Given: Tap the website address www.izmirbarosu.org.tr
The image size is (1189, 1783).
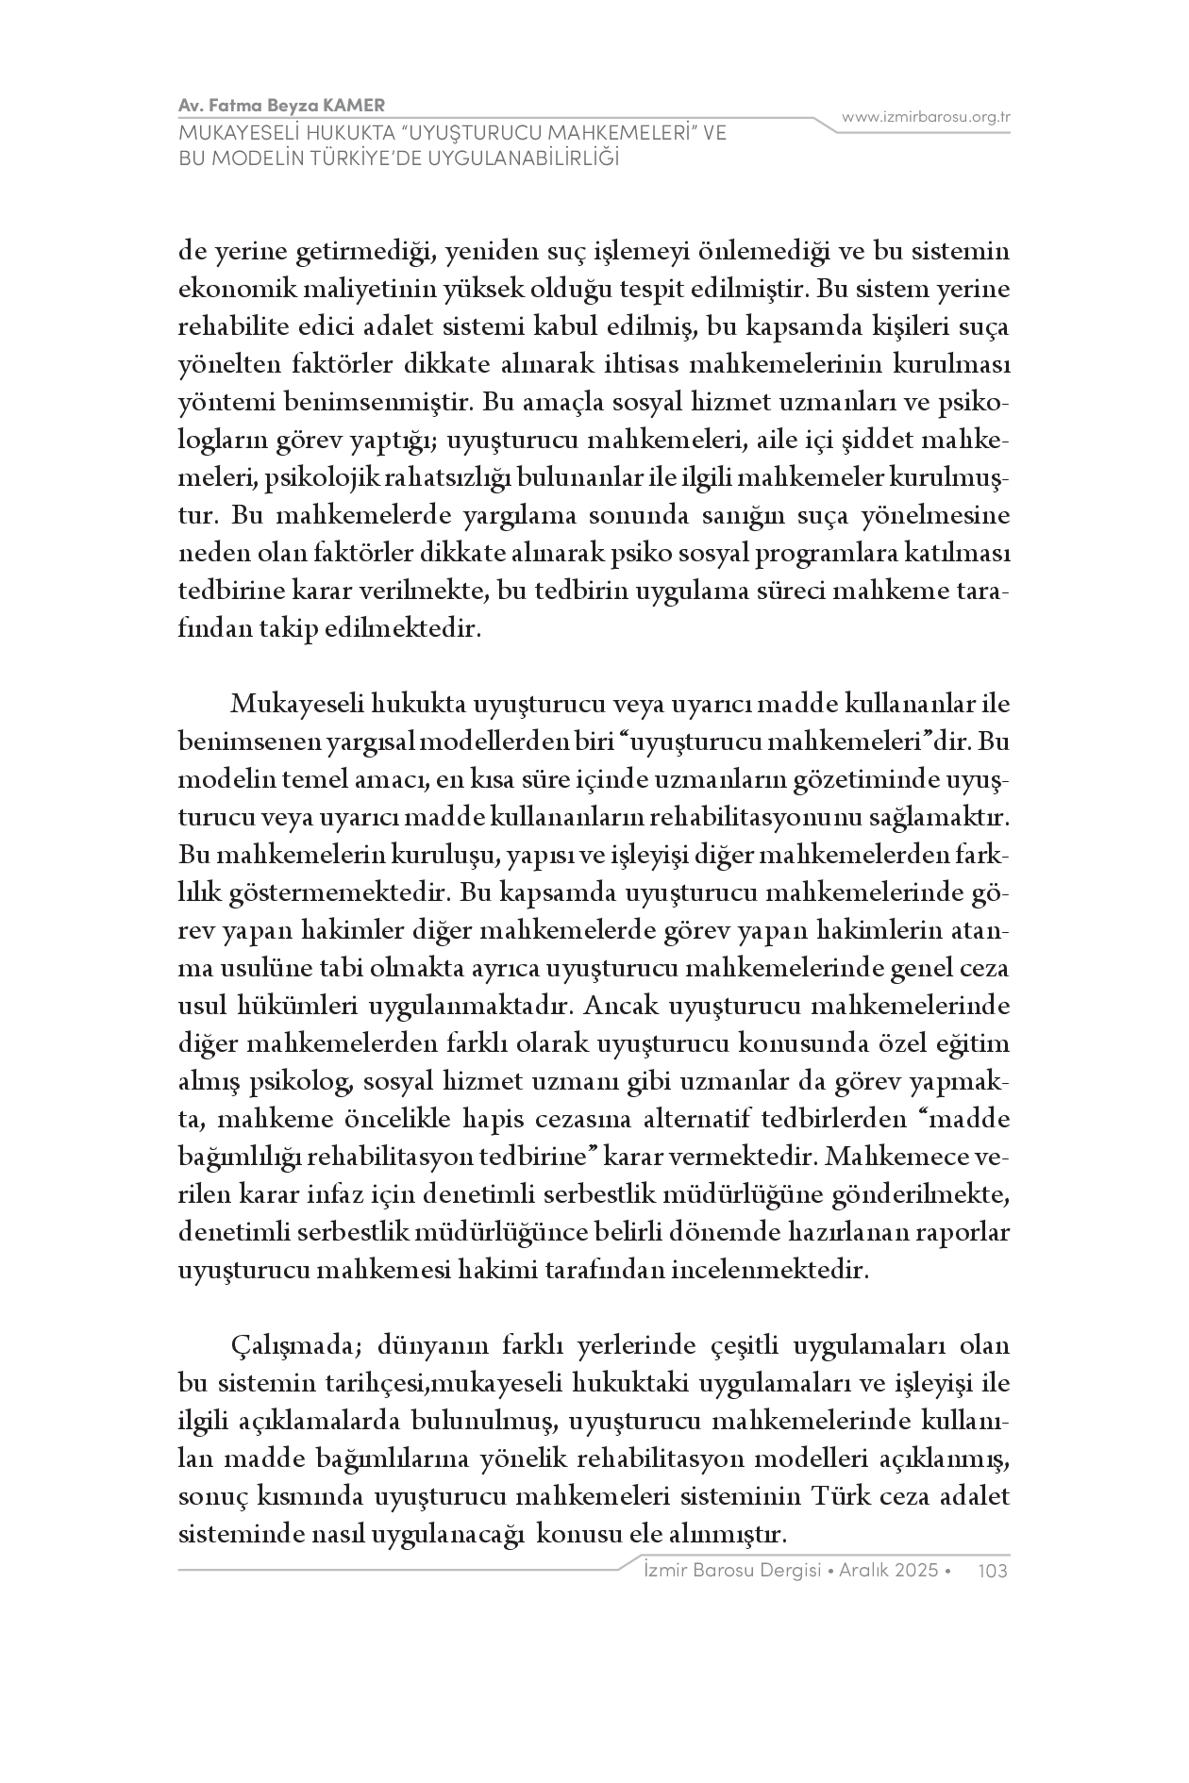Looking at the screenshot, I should tap(926, 117).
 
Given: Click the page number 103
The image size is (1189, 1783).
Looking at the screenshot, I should tap(994, 1570).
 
